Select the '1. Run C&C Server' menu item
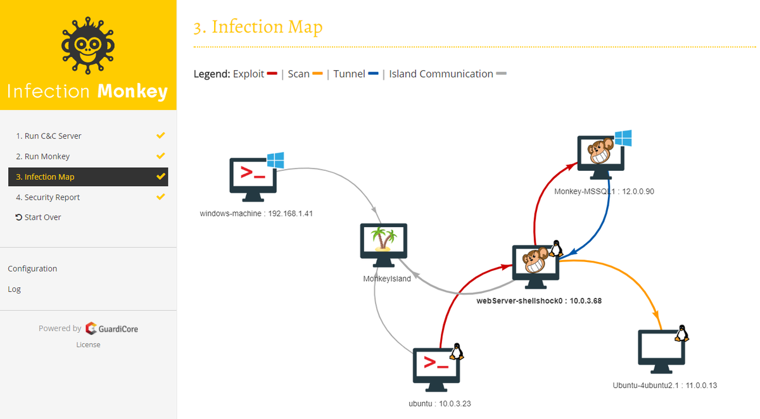49,136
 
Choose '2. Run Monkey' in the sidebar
42,156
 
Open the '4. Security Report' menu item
48,197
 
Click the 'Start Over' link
39,217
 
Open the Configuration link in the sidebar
32,268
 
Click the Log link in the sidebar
14,289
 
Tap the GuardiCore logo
111,328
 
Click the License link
88,345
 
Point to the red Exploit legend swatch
272,74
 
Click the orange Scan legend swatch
317,74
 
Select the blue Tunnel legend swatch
373,74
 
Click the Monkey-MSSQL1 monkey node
601,156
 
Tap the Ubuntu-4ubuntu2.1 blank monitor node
661,350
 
